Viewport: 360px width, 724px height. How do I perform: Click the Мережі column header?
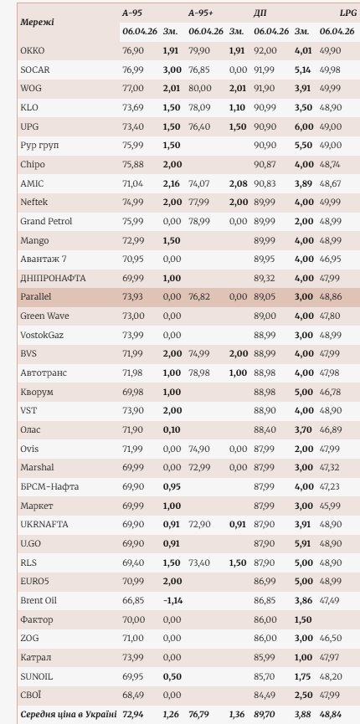click(x=38, y=22)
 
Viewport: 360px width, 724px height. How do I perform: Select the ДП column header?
click(x=261, y=13)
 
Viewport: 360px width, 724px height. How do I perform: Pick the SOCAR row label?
click(x=36, y=69)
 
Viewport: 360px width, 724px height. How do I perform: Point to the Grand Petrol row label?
click(x=46, y=221)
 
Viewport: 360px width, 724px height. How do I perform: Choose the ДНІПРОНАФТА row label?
click(x=53, y=277)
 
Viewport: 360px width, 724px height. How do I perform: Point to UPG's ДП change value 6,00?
click(x=303, y=126)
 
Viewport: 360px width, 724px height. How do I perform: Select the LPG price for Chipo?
click(x=331, y=164)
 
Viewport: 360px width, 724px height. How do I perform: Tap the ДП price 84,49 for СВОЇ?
click(x=265, y=694)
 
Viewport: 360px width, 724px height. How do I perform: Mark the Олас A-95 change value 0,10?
click(x=172, y=429)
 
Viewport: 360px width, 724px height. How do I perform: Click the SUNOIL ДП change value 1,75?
click(x=303, y=675)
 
